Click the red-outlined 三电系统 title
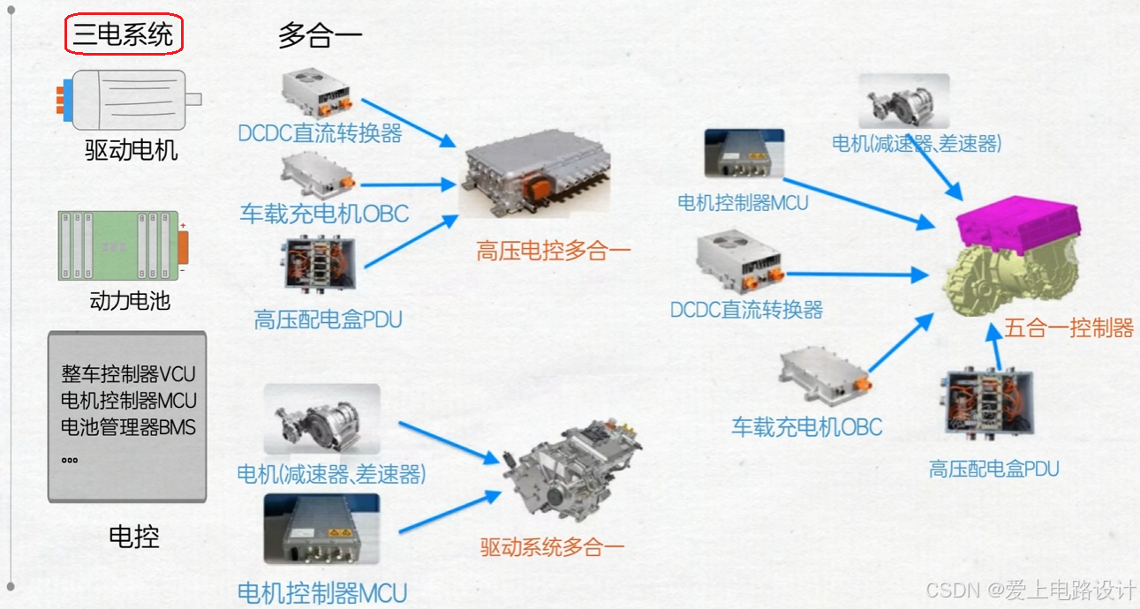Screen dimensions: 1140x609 124,35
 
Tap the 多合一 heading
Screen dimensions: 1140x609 320,35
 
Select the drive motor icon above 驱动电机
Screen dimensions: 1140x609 129,98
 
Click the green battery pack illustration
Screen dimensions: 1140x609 119,245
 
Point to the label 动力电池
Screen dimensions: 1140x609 130,301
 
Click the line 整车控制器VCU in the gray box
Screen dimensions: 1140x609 128,373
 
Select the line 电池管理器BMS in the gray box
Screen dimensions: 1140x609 128,428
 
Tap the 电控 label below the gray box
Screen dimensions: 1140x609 134,536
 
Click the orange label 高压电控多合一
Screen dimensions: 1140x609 554,251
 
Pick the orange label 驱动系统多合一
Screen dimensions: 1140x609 552,546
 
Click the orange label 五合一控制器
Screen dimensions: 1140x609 1068,328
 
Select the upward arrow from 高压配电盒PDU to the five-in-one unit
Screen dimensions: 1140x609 999,350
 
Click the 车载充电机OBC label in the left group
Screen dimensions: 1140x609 324,213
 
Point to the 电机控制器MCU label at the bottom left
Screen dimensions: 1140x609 322,592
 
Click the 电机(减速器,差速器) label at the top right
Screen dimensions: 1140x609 917,143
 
